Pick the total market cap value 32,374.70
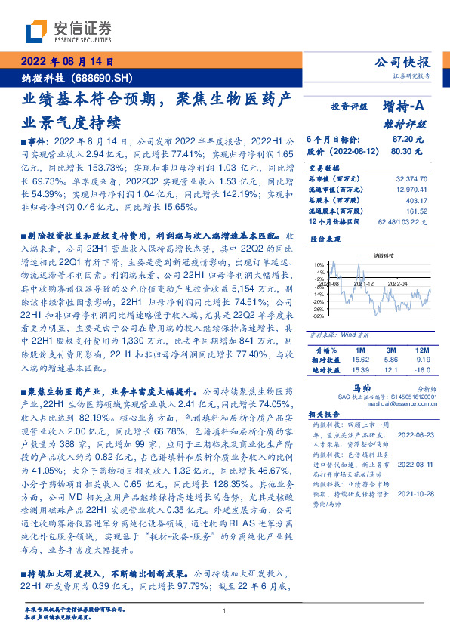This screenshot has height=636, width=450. point(411,179)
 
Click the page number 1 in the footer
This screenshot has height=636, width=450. point(225,611)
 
